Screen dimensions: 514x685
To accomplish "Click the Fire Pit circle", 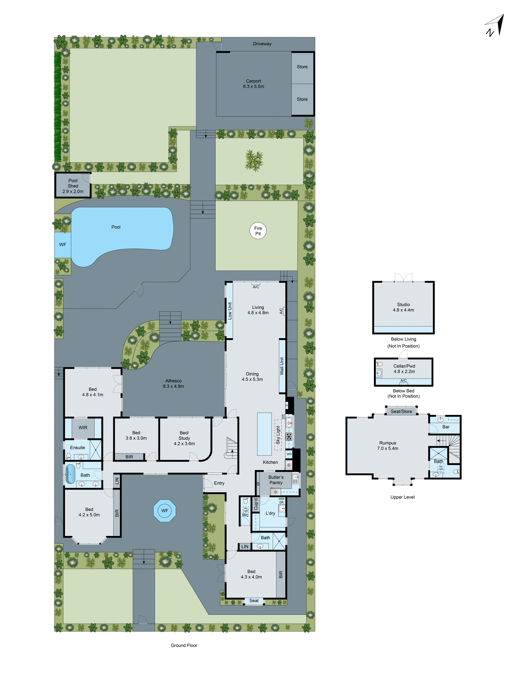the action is click(x=258, y=231).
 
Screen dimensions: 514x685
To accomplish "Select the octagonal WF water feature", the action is click(x=164, y=511).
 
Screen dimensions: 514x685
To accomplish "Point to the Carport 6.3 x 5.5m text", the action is click(x=253, y=84).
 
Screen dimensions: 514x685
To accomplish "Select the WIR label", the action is click(x=83, y=428).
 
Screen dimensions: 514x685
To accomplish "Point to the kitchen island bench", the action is click(x=264, y=434).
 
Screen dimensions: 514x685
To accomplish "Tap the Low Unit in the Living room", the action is click(x=230, y=311).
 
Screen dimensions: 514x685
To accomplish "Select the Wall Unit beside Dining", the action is click(x=282, y=366).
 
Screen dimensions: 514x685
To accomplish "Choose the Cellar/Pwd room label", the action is click(x=404, y=369).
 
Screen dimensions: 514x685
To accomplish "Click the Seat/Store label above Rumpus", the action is click(x=401, y=411).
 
